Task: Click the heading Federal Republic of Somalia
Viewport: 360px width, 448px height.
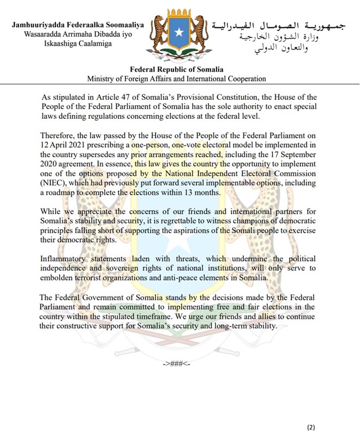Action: (x=179, y=70)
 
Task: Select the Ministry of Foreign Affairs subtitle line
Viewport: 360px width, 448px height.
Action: (x=179, y=79)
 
